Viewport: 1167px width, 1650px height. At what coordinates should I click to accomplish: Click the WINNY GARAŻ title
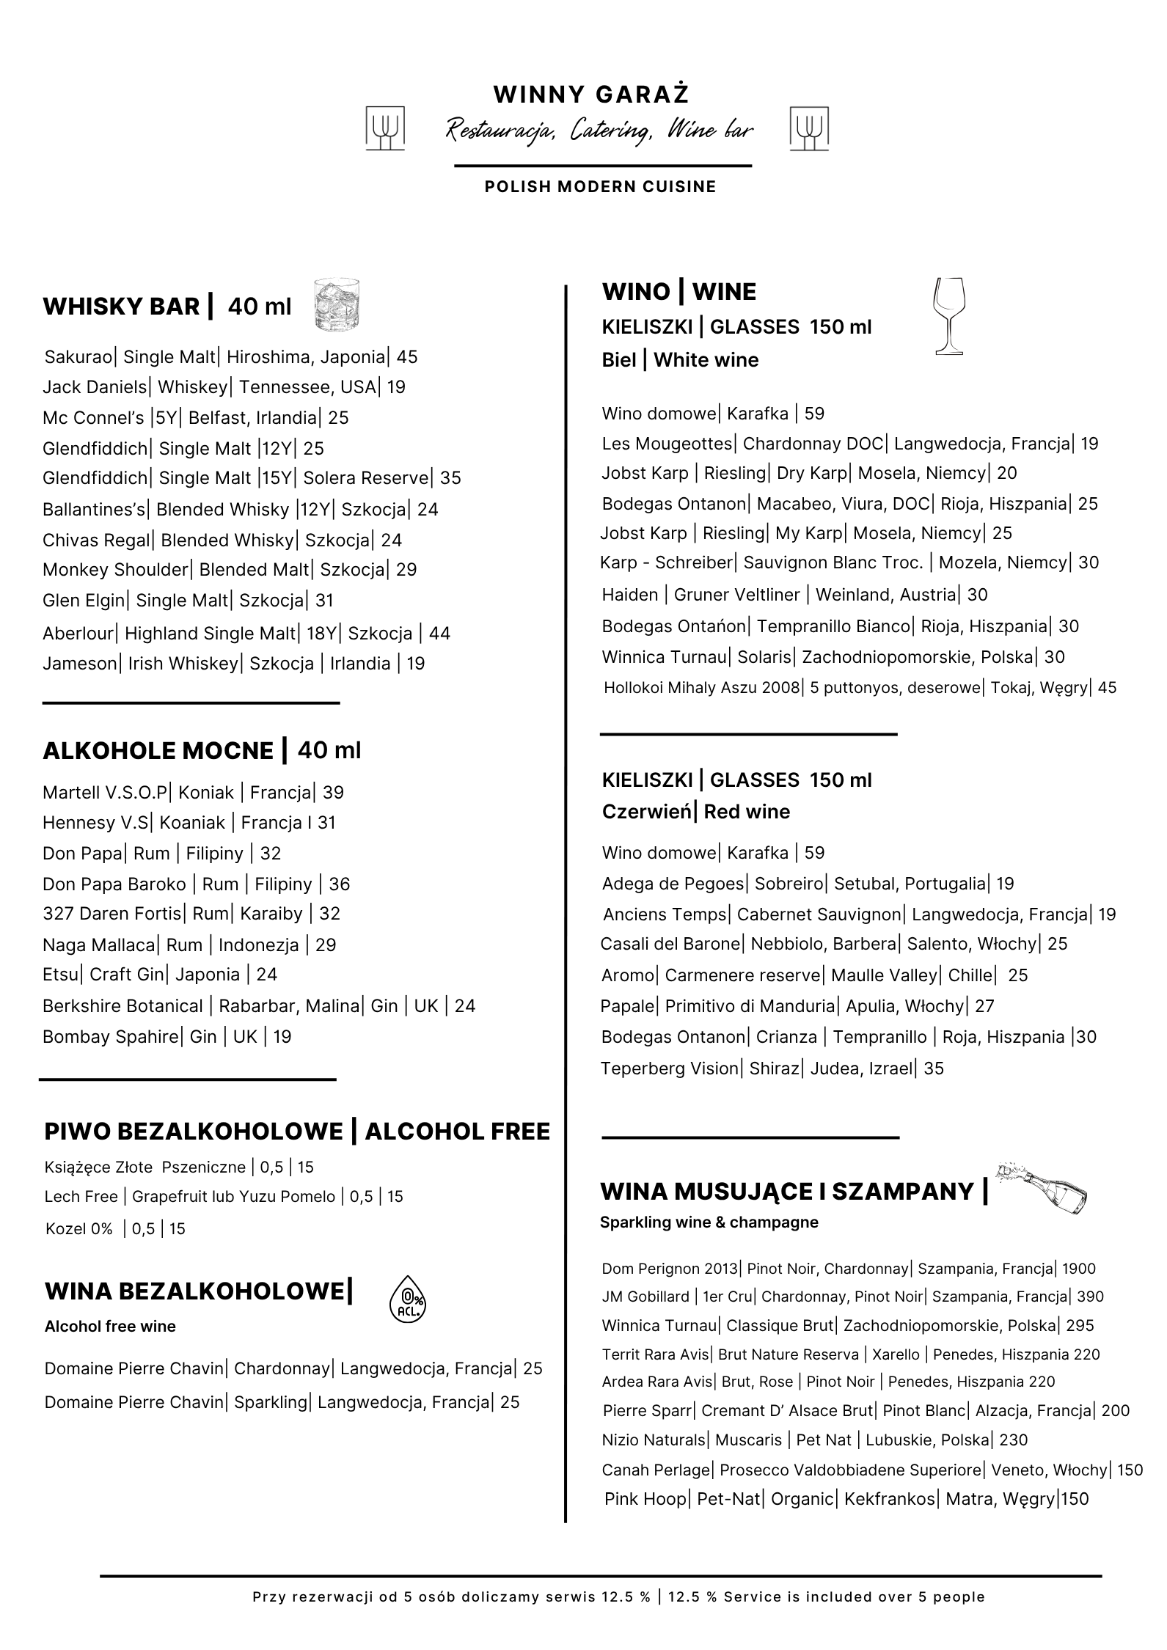pos(590,95)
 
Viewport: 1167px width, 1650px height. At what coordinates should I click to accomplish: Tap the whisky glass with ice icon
pos(336,305)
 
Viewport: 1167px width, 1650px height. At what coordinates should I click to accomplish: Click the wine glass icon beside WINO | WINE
pos(948,316)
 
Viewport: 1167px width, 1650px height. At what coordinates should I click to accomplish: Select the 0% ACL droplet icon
pos(406,1299)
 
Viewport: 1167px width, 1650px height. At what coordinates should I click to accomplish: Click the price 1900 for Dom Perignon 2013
pos(1078,1269)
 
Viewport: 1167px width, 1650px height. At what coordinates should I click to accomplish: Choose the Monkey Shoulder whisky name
pos(115,570)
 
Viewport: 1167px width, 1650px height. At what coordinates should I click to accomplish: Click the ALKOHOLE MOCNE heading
pos(158,751)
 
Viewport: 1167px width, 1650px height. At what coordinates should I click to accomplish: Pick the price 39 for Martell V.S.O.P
pos(333,793)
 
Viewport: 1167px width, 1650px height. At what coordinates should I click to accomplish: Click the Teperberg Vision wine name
pos(669,1068)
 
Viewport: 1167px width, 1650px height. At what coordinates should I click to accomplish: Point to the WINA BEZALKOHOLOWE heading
pos(194,1291)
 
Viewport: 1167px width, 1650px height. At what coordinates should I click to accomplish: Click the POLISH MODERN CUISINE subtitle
pos(600,187)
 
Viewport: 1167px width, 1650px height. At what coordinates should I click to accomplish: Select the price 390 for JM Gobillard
pos(1090,1297)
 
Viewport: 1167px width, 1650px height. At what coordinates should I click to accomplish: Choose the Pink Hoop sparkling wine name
pos(645,1499)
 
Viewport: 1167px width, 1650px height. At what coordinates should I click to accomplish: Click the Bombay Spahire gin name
pos(110,1037)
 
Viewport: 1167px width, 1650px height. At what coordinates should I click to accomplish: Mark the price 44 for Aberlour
pos(439,634)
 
